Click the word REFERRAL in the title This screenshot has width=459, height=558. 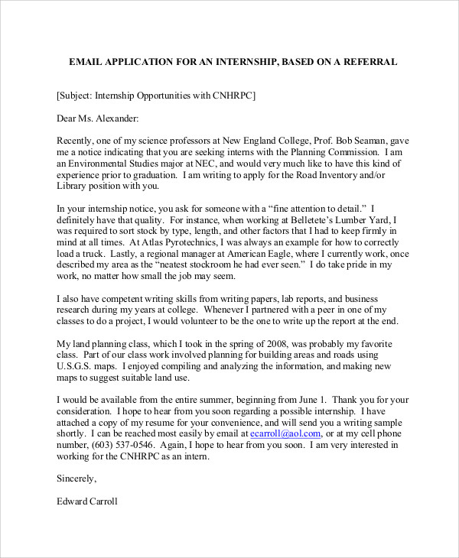369,61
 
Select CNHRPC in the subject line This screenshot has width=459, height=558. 231,96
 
